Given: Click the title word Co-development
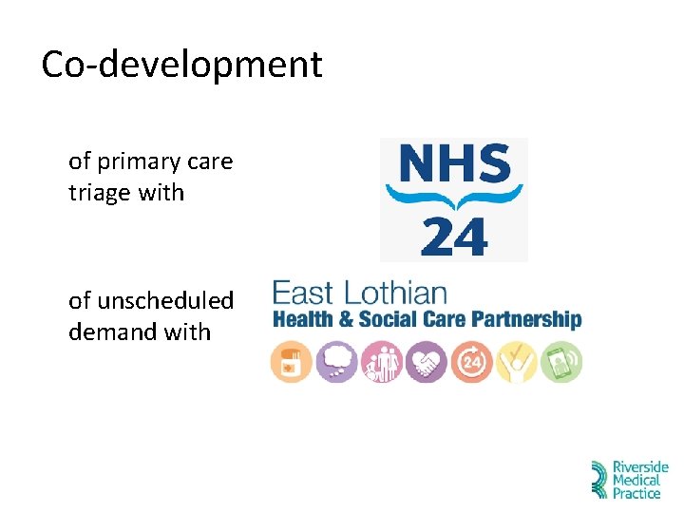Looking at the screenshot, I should click(181, 65).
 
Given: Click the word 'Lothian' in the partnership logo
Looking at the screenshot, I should click(396, 292).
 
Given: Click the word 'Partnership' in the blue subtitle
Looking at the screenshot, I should click(525, 319).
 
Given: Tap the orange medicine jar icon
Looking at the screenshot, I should click(291, 362).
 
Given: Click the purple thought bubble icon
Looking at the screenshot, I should click(335, 362).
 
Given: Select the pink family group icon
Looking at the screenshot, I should click(381, 362).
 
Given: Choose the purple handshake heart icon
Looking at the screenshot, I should click(426, 362).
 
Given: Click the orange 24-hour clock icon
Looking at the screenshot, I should click(471, 362).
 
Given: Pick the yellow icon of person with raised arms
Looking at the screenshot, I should click(516, 362).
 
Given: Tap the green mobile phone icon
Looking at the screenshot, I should click(561, 362).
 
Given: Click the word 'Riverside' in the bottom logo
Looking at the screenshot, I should click(640, 468).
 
